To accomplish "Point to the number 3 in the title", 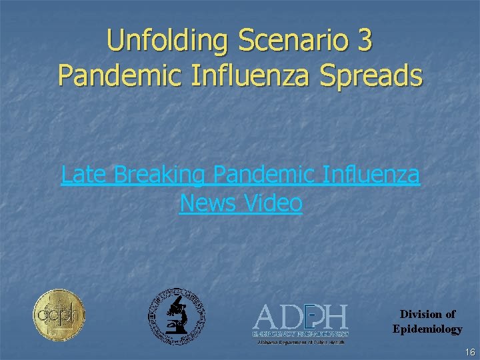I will point(365,41).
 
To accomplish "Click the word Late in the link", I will point(85,175).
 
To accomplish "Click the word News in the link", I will point(205,203).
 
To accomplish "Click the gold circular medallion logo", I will point(59,315).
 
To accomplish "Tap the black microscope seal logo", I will point(176,316).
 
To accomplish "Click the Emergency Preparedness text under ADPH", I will point(300,332).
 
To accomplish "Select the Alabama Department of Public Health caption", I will point(300,342).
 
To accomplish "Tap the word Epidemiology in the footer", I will point(427,329).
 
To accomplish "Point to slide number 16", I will point(470,352).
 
